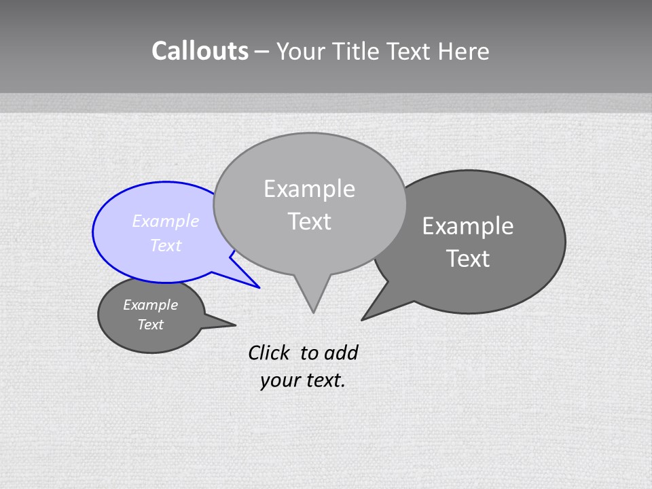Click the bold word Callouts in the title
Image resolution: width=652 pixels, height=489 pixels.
(200, 51)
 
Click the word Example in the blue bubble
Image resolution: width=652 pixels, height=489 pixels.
(166, 221)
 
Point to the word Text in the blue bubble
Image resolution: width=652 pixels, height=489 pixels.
(166, 245)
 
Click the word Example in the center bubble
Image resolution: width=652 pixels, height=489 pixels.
(309, 189)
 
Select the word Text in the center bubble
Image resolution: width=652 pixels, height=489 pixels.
(309, 221)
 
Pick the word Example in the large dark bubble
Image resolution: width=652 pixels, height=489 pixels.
(468, 226)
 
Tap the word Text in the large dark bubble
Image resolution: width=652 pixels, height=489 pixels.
(468, 259)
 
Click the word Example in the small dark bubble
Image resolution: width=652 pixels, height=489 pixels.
(151, 305)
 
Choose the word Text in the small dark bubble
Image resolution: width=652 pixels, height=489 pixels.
(151, 325)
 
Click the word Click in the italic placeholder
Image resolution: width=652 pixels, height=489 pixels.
(268, 352)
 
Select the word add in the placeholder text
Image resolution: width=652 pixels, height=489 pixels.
(340, 352)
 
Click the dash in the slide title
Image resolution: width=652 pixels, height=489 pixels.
(263, 52)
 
